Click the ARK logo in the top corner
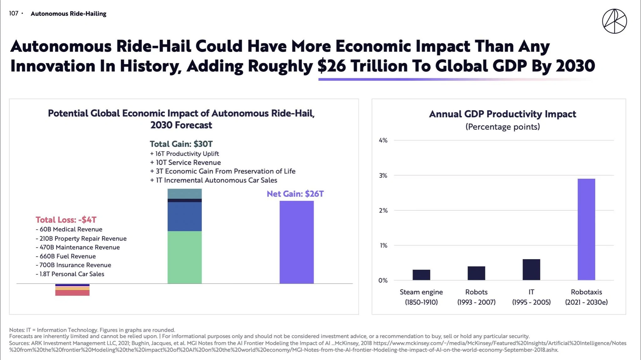(614, 21)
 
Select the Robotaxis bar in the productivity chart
(586, 229)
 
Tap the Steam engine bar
(421, 275)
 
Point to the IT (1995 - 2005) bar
(531, 270)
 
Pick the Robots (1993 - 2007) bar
(476, 273)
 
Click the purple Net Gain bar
(296, 242)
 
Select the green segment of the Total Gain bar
(185, 257)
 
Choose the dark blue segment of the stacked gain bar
(185, 217)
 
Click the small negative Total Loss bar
(72, 290)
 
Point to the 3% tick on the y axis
(383, 176)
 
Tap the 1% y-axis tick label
(383, 245)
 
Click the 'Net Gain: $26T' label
(295, 194)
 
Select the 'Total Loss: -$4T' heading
(66, 220)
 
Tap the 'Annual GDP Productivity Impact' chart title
(502, 114)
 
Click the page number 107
(14, 13)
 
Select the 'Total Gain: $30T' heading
(181, 144)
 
